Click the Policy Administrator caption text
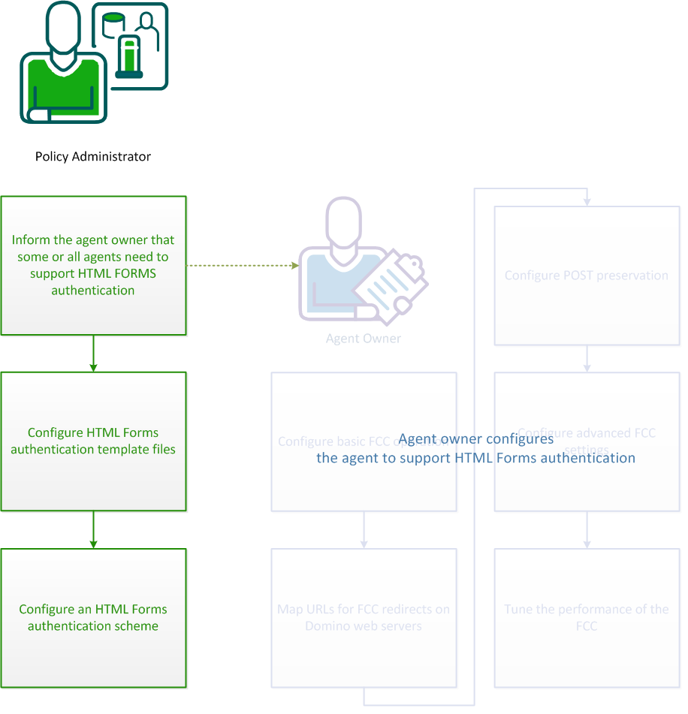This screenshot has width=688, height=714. (x=93, y=157)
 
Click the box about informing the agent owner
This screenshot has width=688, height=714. (x=93, y=265)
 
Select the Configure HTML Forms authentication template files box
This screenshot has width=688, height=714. (x=93, y=441)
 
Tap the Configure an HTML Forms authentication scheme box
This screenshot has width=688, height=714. (x=93, y=617)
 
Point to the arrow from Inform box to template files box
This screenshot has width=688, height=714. (x=93, y=354)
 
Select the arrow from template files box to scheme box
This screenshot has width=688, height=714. (x=93, y=530)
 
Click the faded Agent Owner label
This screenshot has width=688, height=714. (x=363, y=339)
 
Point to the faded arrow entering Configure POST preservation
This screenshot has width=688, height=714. (x=587, y=200)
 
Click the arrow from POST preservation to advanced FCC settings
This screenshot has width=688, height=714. (x=587, y=359)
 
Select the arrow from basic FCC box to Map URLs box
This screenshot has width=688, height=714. (x=364, y=530)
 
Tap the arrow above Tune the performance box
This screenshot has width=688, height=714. (x=587, y=530)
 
